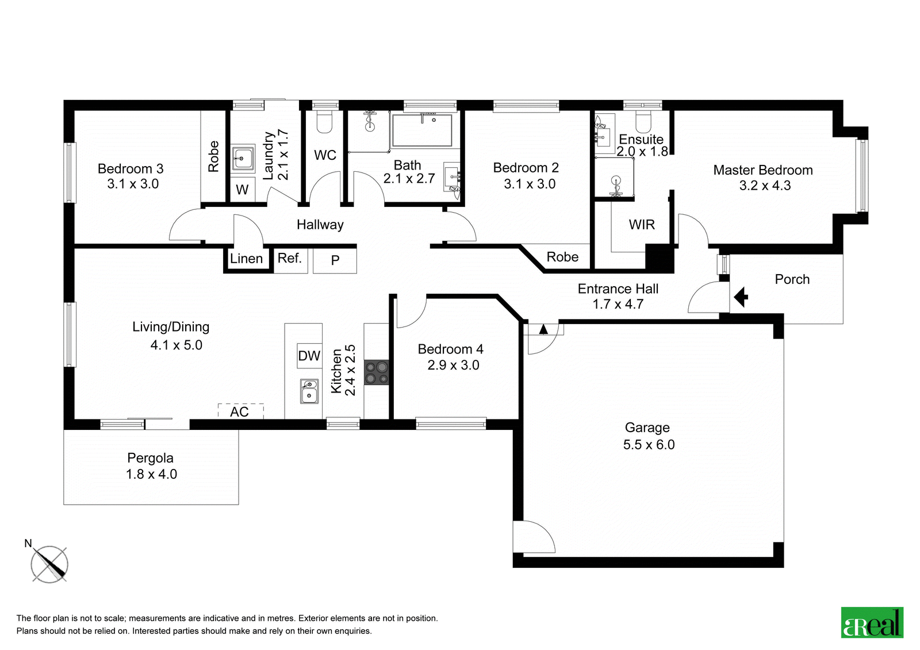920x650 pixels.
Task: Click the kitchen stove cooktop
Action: [376, 372]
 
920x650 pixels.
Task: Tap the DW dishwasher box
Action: [309, 356]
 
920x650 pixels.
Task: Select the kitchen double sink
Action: [309, 391]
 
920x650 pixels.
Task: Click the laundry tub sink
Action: [243, 157]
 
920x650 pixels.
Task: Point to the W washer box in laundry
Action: [242, 189]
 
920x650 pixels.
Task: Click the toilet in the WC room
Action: [324, 121]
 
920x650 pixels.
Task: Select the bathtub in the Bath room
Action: [422, 130]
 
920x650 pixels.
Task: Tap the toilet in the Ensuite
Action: [643, 120]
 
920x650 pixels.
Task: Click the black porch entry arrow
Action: [741, 297]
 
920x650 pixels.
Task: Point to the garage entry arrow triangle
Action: [543, 329]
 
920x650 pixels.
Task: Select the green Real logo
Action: [872, 623]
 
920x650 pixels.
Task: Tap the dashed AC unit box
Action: [240, 411]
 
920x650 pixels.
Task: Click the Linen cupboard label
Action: [246, 259]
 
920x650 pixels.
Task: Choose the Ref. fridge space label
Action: [290, 258]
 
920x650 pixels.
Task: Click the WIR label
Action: [642, 225]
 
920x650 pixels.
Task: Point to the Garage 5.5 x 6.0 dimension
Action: [649, 445]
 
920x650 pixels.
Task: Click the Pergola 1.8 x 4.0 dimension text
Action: [152, 474]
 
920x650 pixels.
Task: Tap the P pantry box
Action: [335, 261]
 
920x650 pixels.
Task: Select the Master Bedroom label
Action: [762, 170]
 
